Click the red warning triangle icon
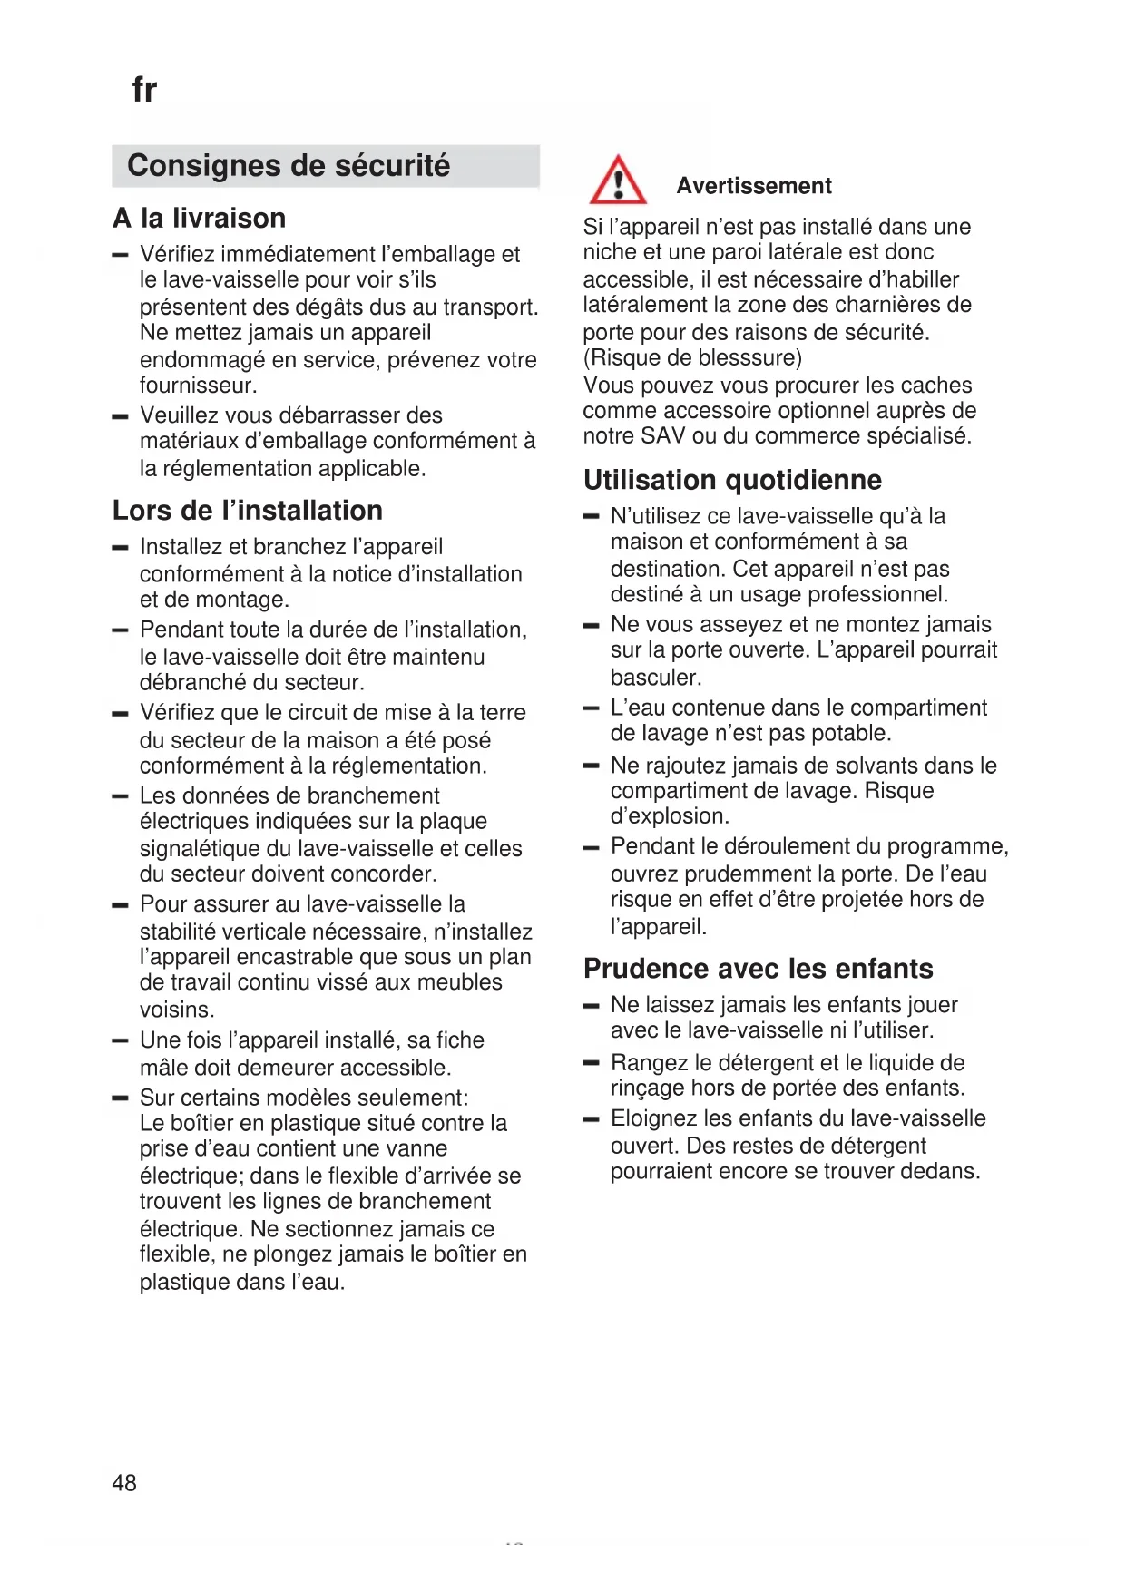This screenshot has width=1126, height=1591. point(618,181)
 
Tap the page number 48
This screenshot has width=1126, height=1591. point(124,1482)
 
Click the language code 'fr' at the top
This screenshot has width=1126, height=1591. point(144,90)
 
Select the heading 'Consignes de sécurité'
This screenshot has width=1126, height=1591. point(289,166)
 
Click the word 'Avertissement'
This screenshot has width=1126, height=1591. point(753,186)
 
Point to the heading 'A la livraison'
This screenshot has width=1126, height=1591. point(200,219)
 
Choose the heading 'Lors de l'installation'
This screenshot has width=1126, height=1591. point(248,511)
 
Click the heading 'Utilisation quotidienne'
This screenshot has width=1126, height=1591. point(732,480)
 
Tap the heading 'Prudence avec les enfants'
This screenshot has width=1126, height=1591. point(758,969)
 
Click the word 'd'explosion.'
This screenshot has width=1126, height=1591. point(670,816)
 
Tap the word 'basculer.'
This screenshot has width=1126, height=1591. point(656,678)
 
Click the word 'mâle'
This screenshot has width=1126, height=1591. point(163,1068)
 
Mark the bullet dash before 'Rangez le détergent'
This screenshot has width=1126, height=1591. point(592,1062)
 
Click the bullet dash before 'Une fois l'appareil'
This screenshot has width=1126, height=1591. point(120,1040)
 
